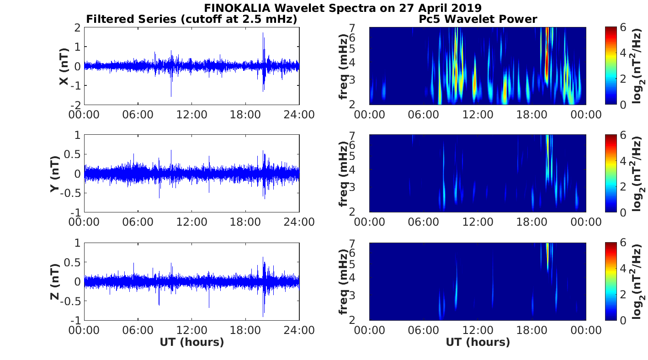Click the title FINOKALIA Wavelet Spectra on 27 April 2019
pyautogui.click(x=342, y=8)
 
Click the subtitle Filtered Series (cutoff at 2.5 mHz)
pyautogui.click(x=191, y=19)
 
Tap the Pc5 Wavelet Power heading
pyautogui.click(x=478, y=19)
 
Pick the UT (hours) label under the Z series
pyautogui.click(x=191, y=342)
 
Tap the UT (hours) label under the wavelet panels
pyautogui.click(x=478, y=342)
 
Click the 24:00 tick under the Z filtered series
pyautogui.click(x=299, y=330)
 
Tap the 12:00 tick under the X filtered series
pyautogui.click(x=191, y=114)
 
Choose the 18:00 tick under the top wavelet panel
pyautogui.click(x=531, y=114)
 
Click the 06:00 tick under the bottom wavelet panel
pyautogui.click(x=424, y=330)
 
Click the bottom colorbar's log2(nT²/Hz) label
pyautogui.click(x=638, y=281)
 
